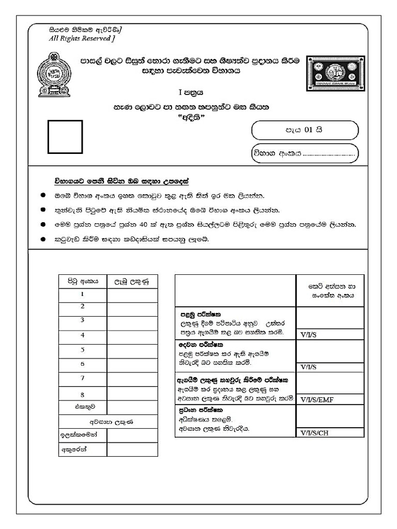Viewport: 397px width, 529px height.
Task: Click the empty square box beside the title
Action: [x=65, y=137]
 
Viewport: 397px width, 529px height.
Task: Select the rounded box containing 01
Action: [x=304, y=130]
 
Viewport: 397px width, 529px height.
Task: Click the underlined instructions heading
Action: [x=121, y=182]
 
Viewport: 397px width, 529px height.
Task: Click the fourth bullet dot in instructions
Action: [x=43, y=240]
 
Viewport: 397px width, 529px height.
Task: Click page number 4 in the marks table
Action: [x=82, y=335]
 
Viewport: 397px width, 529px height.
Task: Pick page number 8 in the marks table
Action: [x=82, y=394]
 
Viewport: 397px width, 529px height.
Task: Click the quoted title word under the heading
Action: [x=192, y=117]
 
